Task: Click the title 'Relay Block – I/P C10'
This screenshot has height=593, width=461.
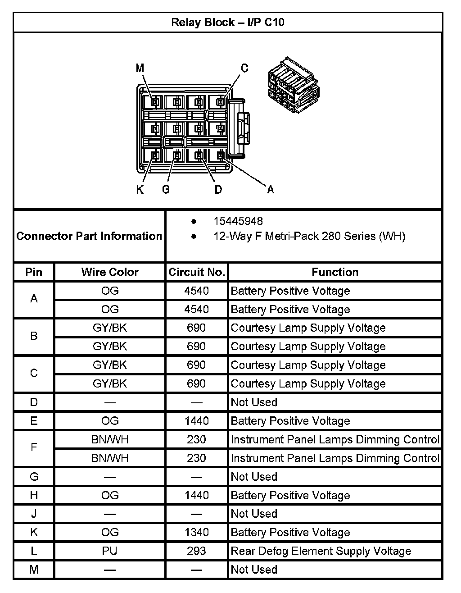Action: pyautogui.click(x=228, y=23)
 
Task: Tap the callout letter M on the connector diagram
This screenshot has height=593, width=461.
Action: pyautogui.click(x=140, y=68)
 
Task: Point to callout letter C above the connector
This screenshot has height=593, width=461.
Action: pyautogui.click(x=244, y=68)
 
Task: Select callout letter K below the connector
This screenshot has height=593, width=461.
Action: pyautogui.click(x=140, y=190)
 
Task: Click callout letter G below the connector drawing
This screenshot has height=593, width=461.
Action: pyautogui.click(x=166, y=190)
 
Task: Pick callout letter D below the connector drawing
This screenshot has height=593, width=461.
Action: pyautogui.click(x=218, y=190)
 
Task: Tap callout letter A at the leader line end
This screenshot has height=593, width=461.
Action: pyautogui.click(x=271, y=190)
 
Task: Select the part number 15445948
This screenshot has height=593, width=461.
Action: pyautogui.click(x=238, y=221)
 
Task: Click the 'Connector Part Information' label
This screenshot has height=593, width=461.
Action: pyautogui.click(x=89, y=236)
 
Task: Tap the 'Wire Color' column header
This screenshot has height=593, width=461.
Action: pyautogui.click(x=110, y=272)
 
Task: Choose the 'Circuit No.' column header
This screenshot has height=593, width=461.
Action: pyautogui.click(x=196, y=272)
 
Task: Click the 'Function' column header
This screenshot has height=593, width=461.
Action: pyautogui.click(x=335, y=272)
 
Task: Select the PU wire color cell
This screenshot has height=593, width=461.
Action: pyautogui.click(x=110, y=551)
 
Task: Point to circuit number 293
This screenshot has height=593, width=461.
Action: pyautogui.click(x=196, y=551)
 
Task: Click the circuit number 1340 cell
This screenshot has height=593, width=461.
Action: pyautogui.click(x=196, y=533)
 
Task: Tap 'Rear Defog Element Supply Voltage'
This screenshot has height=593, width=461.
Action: pyautogui.click(x=321, y=551)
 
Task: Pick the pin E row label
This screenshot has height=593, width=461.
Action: pyautogui.click(x=34, y=421)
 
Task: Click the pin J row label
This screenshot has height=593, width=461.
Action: pyautogui.click(x=34, y=514)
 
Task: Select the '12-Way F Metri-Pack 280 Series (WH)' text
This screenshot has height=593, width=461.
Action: pyautogui.click(x=309, y=236)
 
